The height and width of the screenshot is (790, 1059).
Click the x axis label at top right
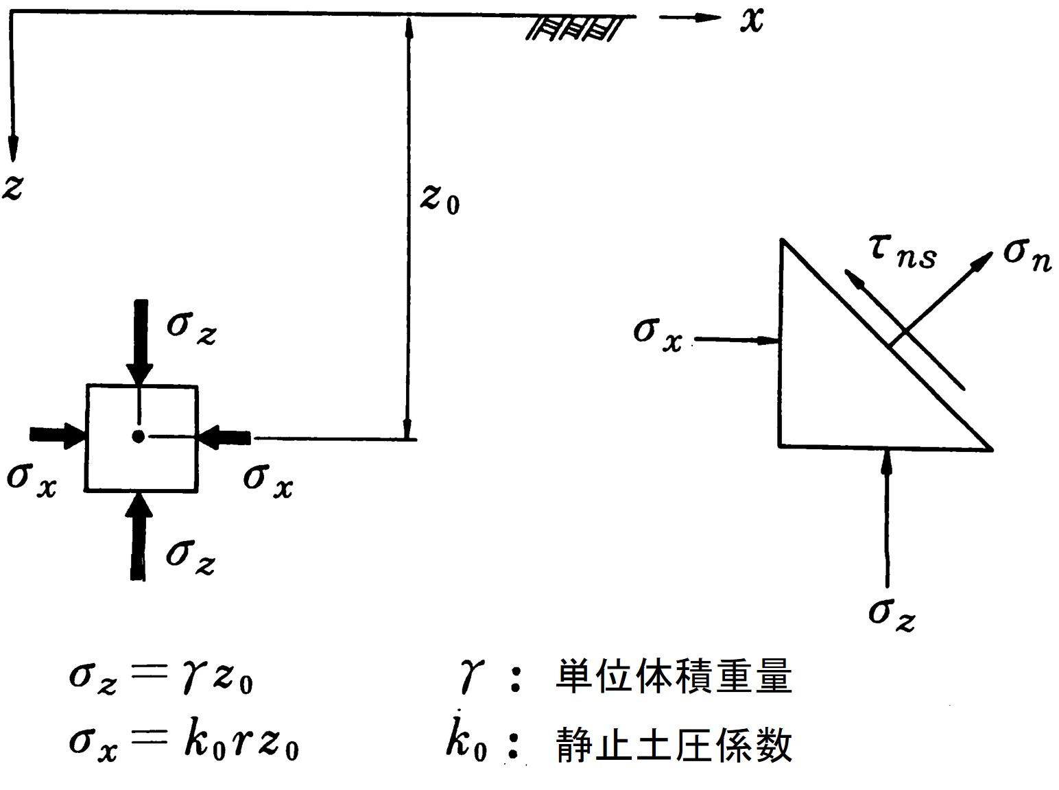pos(752,21)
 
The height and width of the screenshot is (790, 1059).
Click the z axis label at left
pos(14,187)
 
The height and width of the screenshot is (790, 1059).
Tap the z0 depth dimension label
pos(440,199)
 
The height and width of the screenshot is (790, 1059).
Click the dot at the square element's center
pos(139,436)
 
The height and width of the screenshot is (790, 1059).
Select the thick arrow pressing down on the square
pos(141,339)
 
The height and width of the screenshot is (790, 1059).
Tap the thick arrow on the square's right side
pos(226,436)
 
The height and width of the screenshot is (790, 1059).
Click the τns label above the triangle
pos(903,253)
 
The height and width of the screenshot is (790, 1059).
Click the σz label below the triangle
pos(891,612)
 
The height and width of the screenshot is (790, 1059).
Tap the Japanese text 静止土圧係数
pos(674,745)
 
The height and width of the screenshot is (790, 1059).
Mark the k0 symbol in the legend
pos(466,743)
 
